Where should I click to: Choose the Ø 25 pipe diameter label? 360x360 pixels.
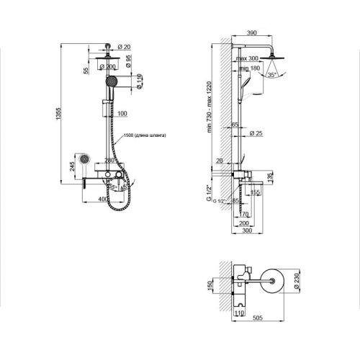coord(255,133)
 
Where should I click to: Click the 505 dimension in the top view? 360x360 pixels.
coord(264,323)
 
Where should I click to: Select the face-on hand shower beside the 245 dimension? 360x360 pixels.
coord(82,158)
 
